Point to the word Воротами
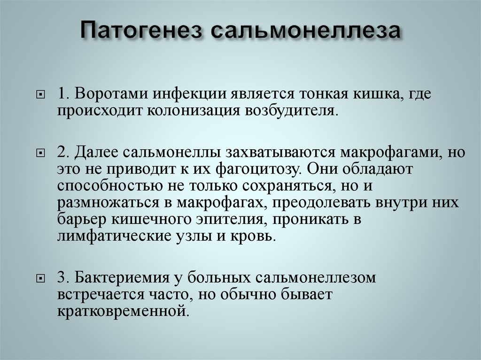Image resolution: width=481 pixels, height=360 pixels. (x=112, y=93)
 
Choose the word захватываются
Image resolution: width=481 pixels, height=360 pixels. (x=281, y=152)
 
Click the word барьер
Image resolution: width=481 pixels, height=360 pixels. (x=82, y=219)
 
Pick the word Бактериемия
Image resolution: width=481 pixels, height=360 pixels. (x=122, y=277)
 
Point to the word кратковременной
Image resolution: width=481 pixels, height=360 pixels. (x=122, y=311)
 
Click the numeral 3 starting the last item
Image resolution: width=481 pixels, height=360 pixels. (x=61, y=277)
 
